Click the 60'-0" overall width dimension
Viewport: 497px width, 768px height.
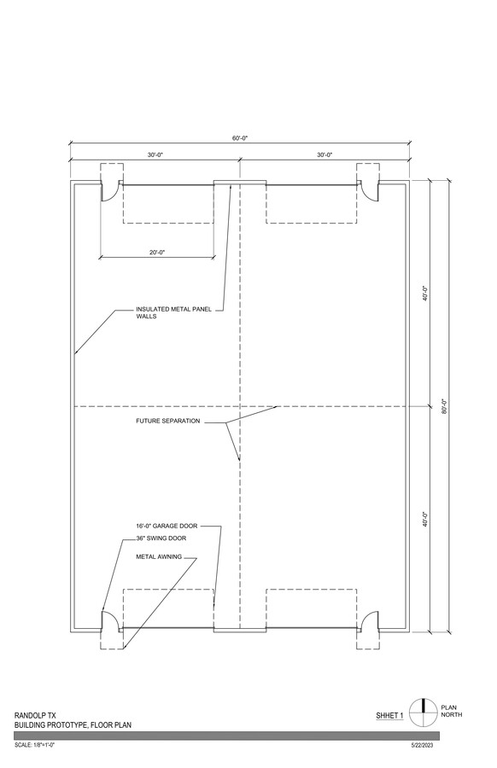coord(240,138)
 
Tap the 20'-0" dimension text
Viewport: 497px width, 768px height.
coord(157,253)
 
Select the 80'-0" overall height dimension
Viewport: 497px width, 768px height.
coord(444,406)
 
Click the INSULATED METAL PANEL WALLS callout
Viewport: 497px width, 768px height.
coord(173,312)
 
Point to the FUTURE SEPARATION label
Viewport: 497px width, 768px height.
coord(168,421)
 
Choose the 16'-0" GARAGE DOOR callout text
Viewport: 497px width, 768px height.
coord(167,526)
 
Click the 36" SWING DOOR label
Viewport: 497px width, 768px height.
coord(161,538)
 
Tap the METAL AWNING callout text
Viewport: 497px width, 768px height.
coord(159,557)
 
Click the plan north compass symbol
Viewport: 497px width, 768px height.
coord(423,713)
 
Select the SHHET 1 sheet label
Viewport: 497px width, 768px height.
coord(389,716)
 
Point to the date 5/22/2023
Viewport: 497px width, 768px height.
coord(422,746)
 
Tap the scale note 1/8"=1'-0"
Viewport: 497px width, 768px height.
coord(34,746)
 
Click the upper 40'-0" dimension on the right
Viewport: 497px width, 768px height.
coord(426,294)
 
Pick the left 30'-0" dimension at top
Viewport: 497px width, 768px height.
coord(155,154)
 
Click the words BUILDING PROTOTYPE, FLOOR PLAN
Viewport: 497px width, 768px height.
coord(73,724)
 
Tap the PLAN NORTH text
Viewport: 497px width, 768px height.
coord(452,711)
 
